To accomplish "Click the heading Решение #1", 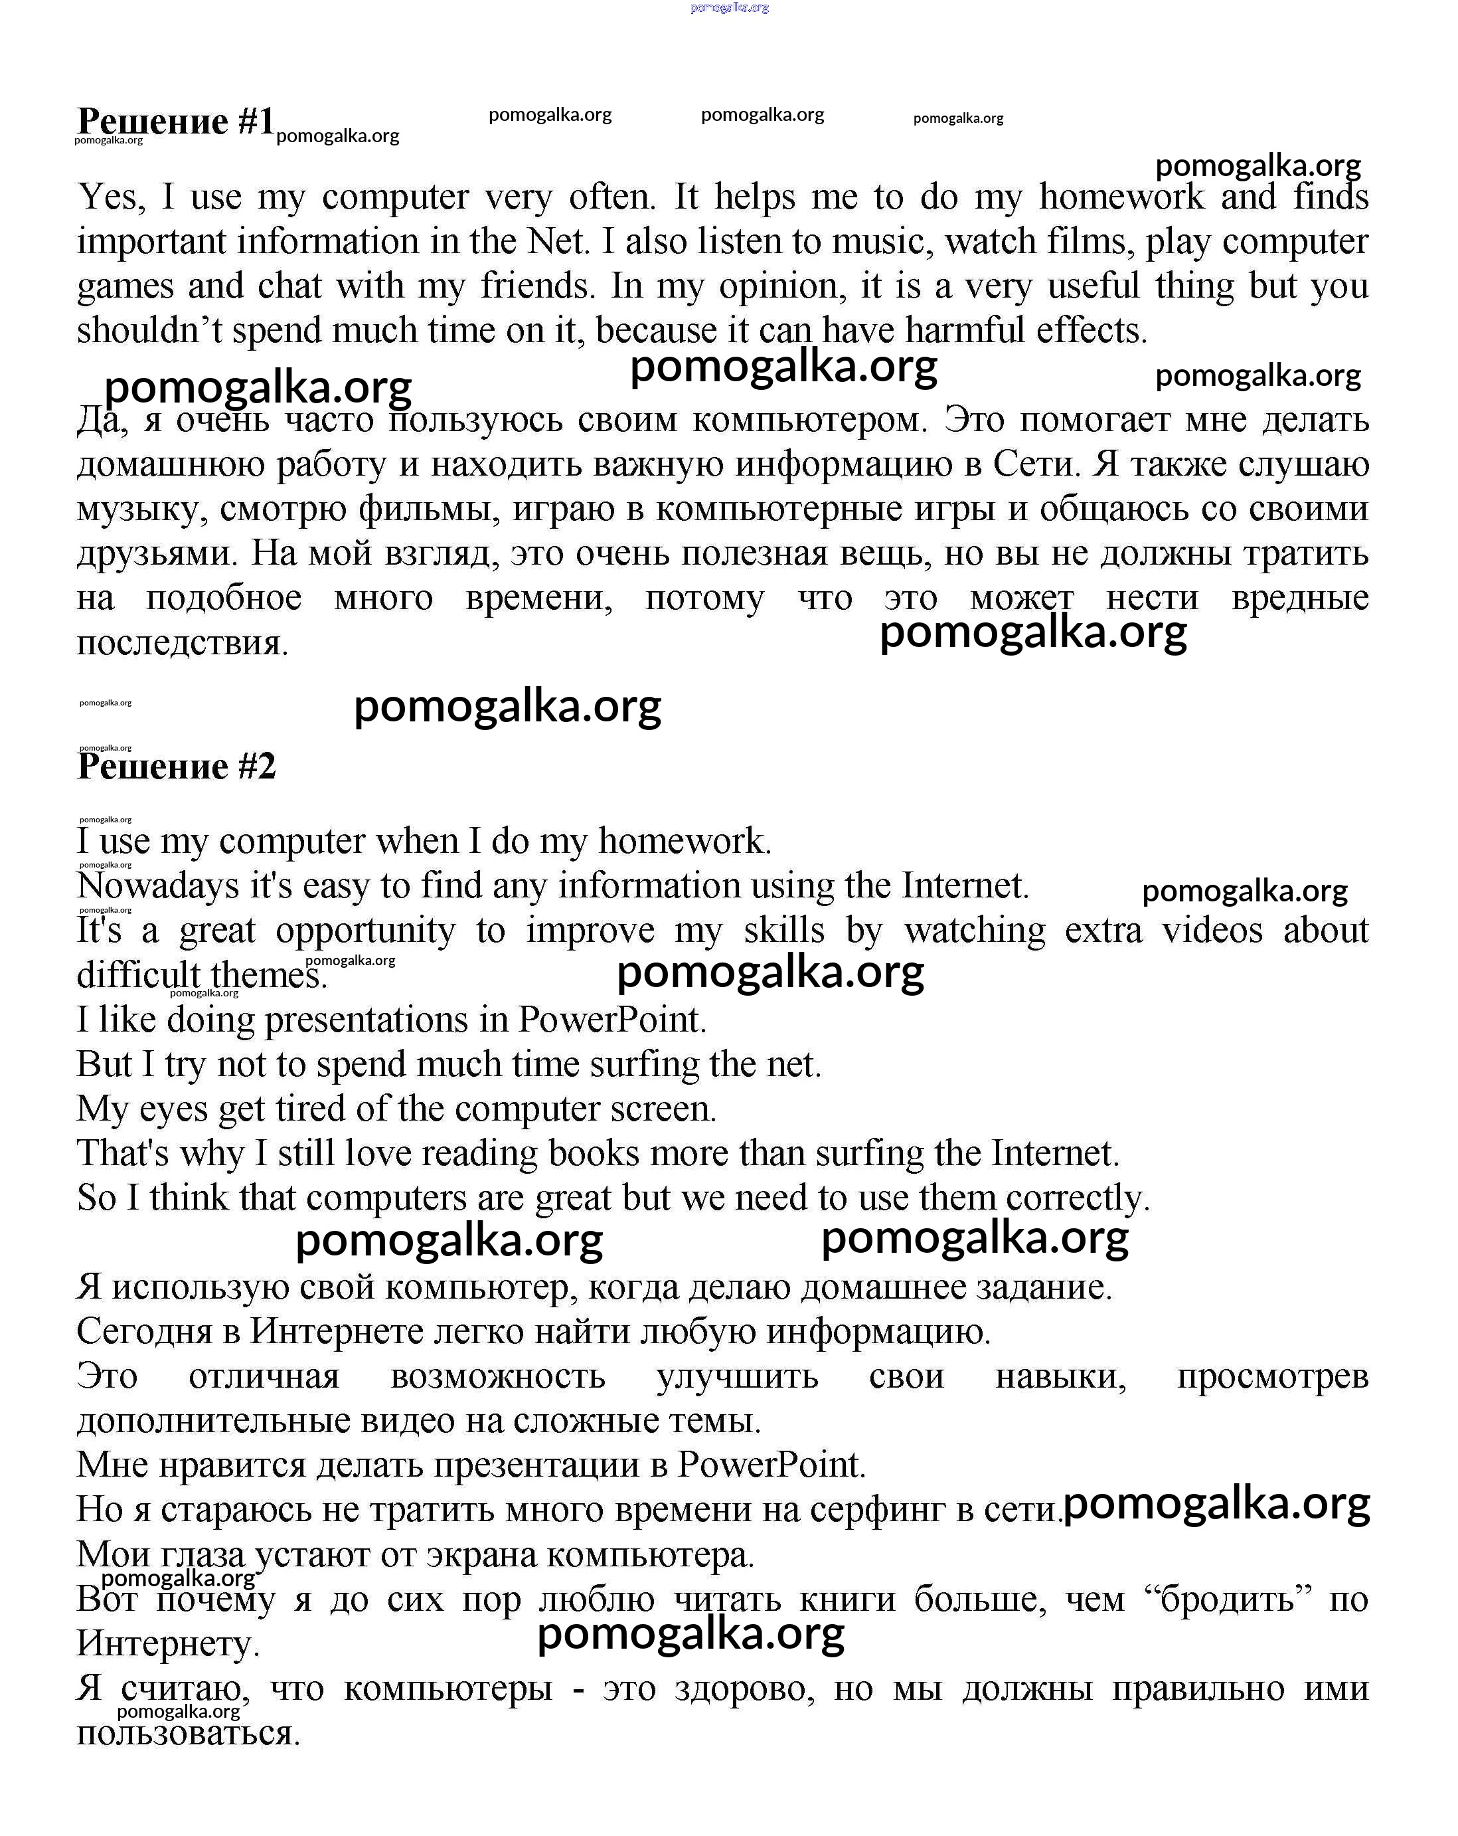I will tap(175, 122).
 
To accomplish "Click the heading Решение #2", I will tap(176, 767).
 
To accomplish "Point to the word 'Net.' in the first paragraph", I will tap(558, 242).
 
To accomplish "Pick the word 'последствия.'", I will tap(182, 643).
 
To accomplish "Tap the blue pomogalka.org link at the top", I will tap(730, 8).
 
